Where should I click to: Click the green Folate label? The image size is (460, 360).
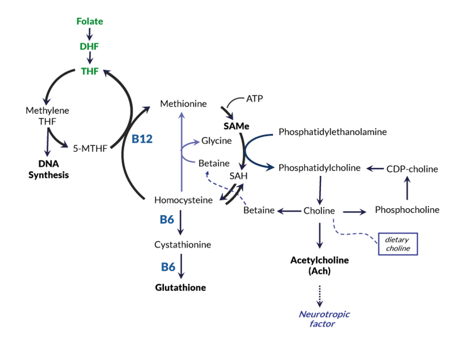point(90,21)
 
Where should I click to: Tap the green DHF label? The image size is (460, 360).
point(90,47)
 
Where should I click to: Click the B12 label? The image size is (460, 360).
point(142,139)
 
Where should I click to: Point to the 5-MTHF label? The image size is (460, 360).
point(90,148)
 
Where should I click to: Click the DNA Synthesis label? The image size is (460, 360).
point(49,169)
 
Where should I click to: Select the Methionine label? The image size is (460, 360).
point(183,104)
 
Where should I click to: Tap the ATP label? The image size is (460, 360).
point(254,98)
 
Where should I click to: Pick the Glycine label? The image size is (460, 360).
point(216,141)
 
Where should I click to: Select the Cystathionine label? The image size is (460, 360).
point(183,244)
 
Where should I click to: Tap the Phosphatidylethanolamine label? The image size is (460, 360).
point(332,132)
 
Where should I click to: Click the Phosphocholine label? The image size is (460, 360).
point(407,210)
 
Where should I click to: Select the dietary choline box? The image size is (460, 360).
point(397,244)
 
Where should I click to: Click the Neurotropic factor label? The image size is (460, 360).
point(324,319)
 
